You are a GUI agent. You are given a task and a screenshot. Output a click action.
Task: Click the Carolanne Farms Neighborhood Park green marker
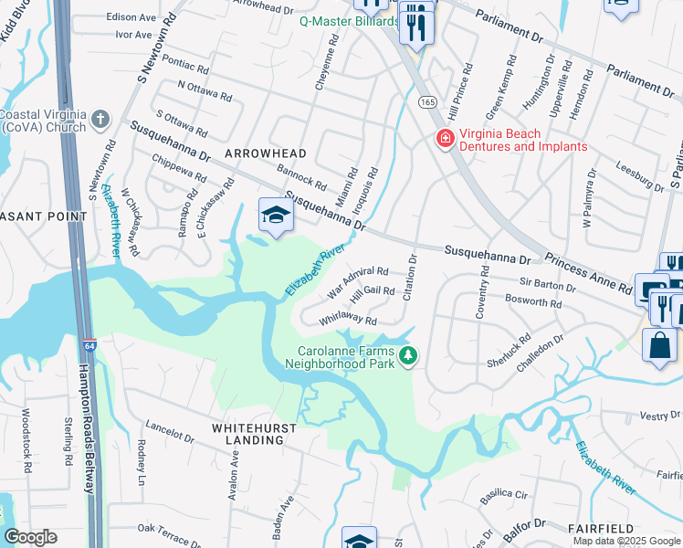(410, 354)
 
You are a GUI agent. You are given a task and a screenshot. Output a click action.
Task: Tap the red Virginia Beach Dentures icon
(445, 139)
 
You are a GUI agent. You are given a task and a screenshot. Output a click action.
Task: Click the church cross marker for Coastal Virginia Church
(100, 119)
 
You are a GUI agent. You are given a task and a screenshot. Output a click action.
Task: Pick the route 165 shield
(427, 103)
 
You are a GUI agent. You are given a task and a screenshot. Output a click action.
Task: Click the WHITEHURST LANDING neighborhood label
(248, 433)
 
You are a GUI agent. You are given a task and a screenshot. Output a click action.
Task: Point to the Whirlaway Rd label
(348, 321)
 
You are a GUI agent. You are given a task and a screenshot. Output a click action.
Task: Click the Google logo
(31, 537)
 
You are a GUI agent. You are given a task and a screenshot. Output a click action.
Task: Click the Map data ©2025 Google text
(625, 541)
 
